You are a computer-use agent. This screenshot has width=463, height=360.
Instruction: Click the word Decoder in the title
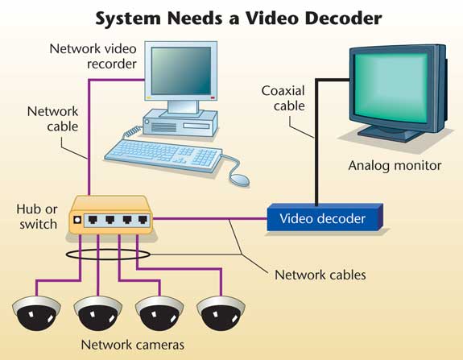(x=343, y=19)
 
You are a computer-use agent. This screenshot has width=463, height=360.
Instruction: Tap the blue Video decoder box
(x=325, y=217)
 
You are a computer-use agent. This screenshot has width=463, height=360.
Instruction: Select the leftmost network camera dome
(x=36, y=313)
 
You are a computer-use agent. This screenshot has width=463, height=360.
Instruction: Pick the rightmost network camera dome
(x=221, y=313)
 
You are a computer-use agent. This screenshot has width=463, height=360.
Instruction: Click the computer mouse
(x=239, y=180)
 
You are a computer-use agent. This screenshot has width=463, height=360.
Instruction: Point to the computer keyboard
(x=163, y=155)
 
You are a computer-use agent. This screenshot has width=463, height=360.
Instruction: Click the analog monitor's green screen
(x=391, y=88)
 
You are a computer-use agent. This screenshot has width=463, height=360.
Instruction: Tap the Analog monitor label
(x=395, y=166)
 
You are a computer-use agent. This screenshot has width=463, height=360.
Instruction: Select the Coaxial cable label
(x=283, y=98)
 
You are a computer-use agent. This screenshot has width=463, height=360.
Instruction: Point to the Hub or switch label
(x=37, y=217)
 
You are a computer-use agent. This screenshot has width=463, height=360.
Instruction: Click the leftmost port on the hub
(x=93, y=220)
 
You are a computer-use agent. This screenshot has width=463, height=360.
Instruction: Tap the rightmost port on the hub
(x=143, y=220)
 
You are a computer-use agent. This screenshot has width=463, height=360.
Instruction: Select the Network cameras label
(x=133, y=345)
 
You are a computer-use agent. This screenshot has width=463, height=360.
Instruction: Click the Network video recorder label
(x=93, y=56)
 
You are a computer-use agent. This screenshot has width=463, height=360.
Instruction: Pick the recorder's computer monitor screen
(x=181, y=71)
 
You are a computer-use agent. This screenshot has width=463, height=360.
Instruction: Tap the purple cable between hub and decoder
(x=210, y=219)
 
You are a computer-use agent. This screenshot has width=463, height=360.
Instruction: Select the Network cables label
(x=320, y=275)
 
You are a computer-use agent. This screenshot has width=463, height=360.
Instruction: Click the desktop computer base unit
(x=180, y=123)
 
